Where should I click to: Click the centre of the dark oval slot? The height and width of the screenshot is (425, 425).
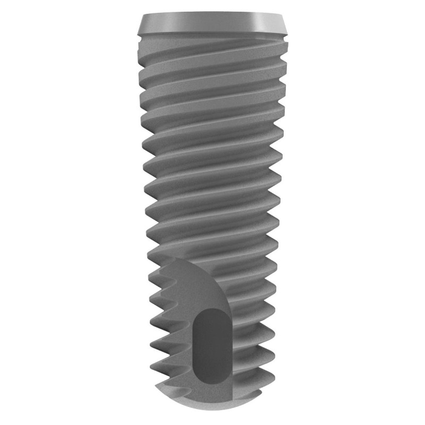coord(211,345)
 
